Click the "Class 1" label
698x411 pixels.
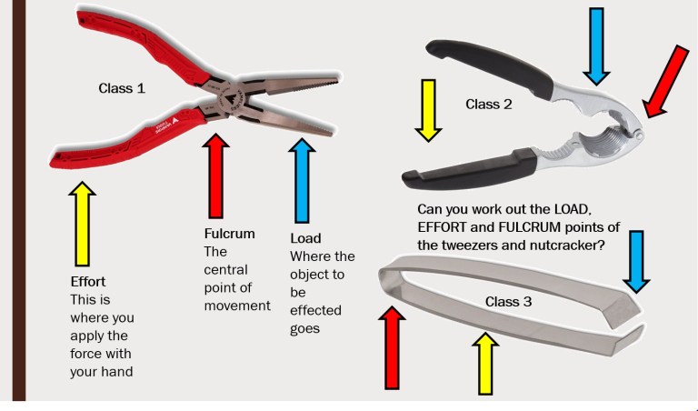pyautogui.click(x=122, y=89)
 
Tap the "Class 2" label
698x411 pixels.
pyautogui.click(x=489, y=104)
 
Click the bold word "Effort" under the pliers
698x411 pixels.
pyautogui.click(x=90, y=280)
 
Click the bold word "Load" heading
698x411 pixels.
pyautogui.click(x=304, y=238)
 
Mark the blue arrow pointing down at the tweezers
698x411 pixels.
pyautogui.click(x=637, y=259)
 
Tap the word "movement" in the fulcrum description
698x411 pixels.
pyautogui.click(x=237, y=306)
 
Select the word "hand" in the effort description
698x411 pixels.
pyautogui.click(x=88, y=371)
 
